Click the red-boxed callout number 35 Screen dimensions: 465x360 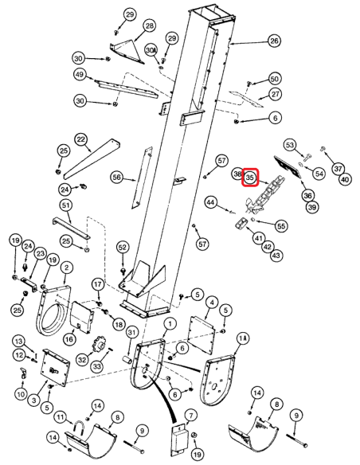point(249,178)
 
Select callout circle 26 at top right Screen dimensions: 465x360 point(274,41)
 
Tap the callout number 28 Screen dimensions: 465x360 point(149,26)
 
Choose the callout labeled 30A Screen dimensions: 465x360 point(151,51)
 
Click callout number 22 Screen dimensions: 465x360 point(81,139)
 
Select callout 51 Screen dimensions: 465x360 point(66,205)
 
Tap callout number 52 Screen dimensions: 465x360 point(122,248)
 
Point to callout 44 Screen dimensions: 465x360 point(211,204)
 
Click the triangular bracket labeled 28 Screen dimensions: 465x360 point(127,49)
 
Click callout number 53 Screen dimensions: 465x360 point(292,144)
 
